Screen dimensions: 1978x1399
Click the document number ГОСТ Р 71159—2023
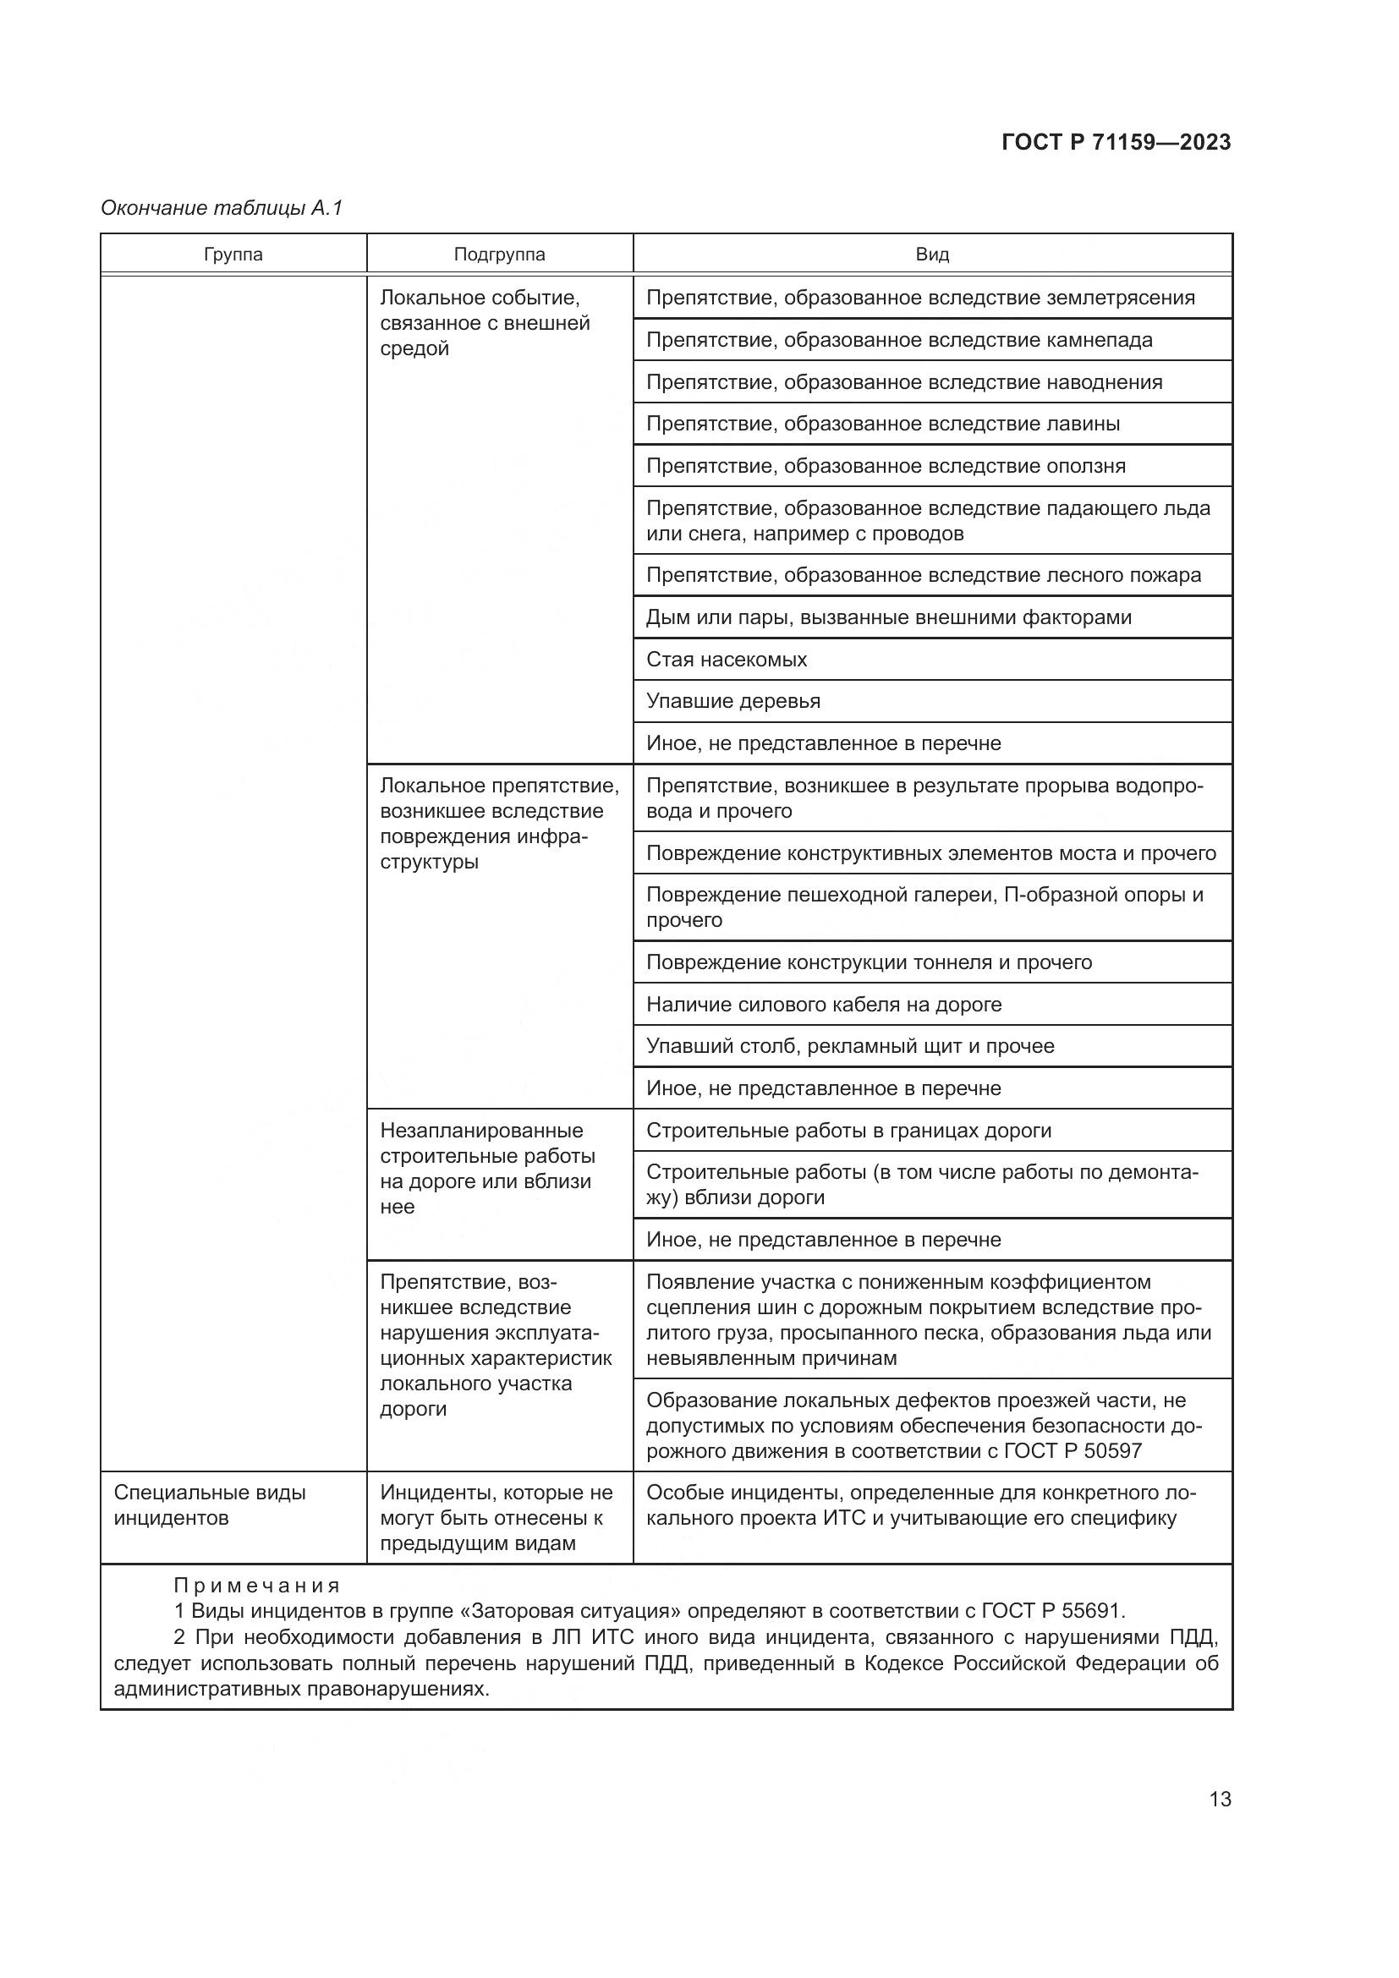pyautogui.click(x=1116, y=142)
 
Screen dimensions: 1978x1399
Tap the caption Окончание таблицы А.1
pyautogui.click(x=222, y=208)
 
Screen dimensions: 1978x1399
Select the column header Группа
pyautogui.click(x=233, y=255)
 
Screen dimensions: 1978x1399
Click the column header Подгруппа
pyautogui.click(x=499, y=255)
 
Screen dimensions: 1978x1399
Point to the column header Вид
pyautogui.click(x=932, y=255)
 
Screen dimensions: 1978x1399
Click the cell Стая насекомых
pyautogui.click(x=727, y=660)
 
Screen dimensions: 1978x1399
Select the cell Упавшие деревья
pyautogui.click(x=733, y=701)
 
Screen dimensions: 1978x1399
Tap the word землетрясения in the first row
pyautogui.click(x=1120, y=298)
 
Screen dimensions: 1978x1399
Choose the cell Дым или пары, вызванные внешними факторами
pyautogui.click(x=888, y=617)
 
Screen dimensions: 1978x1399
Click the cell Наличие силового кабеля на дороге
pyautogui.click(x=824, y=1005)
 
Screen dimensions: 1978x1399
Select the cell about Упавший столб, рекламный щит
pyautogui.click(x=849, y=1047)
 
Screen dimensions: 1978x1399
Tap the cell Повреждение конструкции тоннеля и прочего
pyautogui.click(x=869, y=962)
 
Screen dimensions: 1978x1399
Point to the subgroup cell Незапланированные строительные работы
pyautogui.click(x=487, y=1169)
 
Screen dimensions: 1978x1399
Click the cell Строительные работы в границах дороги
pyautogui.click(x=848, y=1131)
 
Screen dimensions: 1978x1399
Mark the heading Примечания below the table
pyautogui.click(x=257, y=1585)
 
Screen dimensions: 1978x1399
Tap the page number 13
pyautogui.click(x=1220, y=1800)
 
